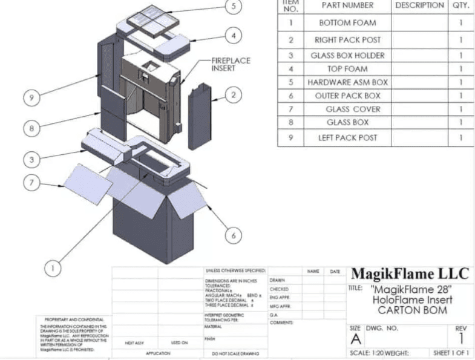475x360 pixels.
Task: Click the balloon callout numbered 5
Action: point(233,7)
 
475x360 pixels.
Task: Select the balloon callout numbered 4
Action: point(233,35)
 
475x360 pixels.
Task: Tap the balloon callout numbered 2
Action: point(233,94)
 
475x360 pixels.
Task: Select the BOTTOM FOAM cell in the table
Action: point(348,23)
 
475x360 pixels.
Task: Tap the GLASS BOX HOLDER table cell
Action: point(348,56)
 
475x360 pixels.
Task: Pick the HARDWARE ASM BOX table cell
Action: point(348,82)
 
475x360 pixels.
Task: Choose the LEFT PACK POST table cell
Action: point(348,137)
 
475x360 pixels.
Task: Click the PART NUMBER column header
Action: point(348,5)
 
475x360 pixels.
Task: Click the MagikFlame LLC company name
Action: point(410,274)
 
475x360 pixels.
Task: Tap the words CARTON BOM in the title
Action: point(413,310)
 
